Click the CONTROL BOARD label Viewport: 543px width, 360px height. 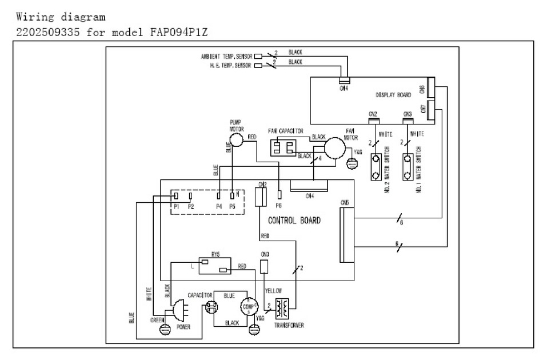click(x=294, y=220)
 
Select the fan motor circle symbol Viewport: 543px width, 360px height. click(x=336, y=146)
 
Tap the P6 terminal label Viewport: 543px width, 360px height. click(x=280, y=205)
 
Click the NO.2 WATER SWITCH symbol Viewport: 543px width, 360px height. click(x=377, y=166)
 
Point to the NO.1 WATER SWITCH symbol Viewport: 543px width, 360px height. click(x=408, y=166)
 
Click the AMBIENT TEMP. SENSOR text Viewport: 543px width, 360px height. click(x=226, y=57)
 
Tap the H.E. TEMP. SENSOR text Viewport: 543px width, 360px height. click(x=231, y=66)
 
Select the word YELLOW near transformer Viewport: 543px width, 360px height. click(x=274, y=290)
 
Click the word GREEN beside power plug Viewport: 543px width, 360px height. click(x=158, y=320)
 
